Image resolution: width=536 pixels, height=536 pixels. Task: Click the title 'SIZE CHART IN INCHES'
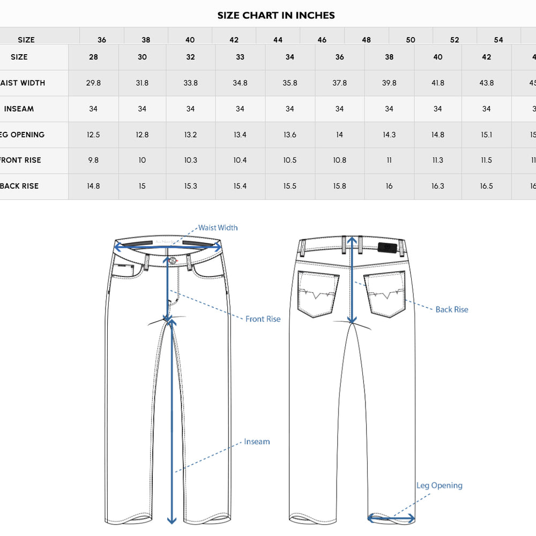[x=276, y=15]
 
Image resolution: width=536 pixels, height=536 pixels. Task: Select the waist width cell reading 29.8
[x=93, y=83]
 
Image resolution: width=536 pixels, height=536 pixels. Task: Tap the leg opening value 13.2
[x=190, y=135]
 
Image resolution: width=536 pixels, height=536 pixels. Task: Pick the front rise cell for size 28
[x=93, y=160]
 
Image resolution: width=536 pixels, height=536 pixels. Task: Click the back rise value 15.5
[x=289, y=186]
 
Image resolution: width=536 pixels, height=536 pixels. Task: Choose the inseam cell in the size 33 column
[x=240, y=109]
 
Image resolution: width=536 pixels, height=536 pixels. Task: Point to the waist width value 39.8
[x=389, y=83]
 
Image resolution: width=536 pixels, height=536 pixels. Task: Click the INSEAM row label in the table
[x=19, y=109]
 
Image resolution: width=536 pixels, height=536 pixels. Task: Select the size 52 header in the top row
[x=455, y=40]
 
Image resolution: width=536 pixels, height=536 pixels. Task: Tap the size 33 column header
[x=240, y=57]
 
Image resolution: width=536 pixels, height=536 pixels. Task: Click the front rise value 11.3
[x=438, y=160]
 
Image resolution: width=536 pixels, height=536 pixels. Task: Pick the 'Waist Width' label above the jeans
[x=218, y=228]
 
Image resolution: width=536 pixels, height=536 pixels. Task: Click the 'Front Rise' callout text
[x=263, y=319]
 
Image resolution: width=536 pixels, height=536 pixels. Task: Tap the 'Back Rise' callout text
[x=451, y=309]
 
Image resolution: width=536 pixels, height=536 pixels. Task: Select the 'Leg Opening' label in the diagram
[x=439, y=486]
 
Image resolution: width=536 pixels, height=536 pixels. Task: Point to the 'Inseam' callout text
[x=257, y=442]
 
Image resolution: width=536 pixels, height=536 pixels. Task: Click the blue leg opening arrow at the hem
[x=391, y=518]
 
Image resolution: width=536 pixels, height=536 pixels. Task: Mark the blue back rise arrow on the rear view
[x=352, y=279]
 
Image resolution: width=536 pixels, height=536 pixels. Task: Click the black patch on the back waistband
[x=386, y=247]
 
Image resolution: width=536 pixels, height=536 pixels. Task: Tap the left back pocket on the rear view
[x=318, y=294]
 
